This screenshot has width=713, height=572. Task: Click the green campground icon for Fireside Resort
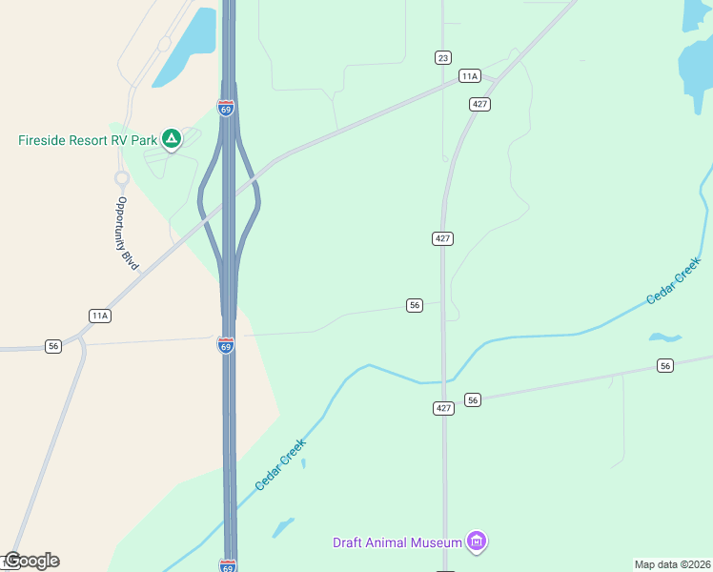171,140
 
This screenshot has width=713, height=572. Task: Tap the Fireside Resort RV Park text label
88,140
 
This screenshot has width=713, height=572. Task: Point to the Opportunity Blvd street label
124,230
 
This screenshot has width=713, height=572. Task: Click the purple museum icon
477,542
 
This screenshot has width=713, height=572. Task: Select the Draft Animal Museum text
397,543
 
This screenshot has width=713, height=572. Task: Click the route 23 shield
442,58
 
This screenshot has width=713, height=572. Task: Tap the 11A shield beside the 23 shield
469,75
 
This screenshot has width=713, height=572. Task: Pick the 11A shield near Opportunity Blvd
100,316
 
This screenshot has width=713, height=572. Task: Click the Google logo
31,561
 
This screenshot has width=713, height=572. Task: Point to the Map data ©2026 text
672,563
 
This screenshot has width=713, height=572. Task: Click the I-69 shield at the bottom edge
227,565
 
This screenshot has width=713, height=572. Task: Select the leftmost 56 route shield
53,346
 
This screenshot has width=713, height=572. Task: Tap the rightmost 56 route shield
665,366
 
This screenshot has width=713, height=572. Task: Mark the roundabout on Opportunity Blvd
122,178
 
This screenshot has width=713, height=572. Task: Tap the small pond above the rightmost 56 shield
664,337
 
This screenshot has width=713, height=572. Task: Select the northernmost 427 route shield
479,103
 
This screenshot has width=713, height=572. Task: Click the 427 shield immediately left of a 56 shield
443,408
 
